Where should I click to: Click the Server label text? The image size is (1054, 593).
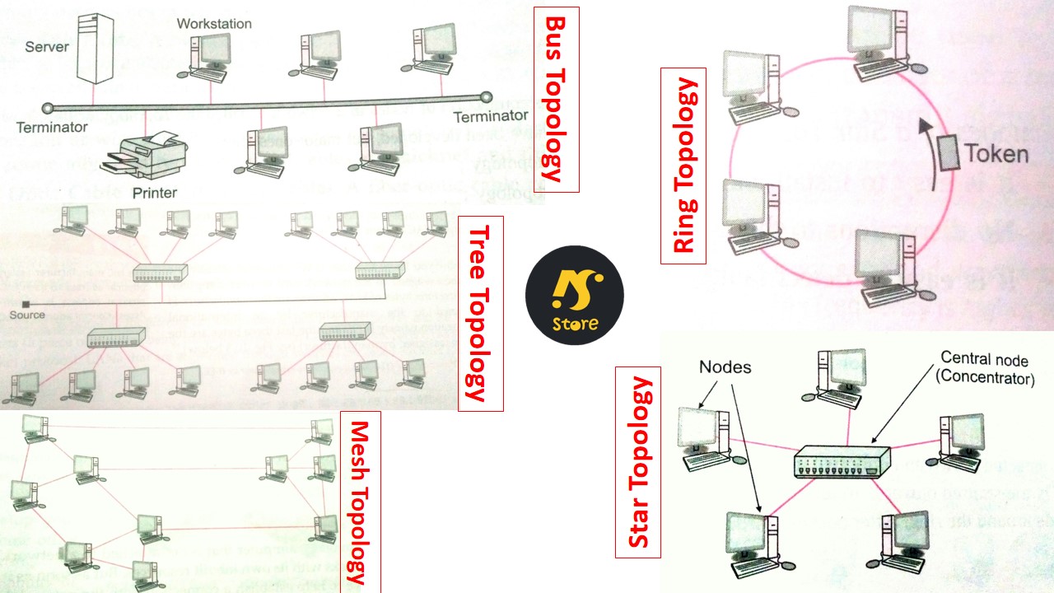coord(47,47)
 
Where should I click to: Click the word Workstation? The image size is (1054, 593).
coord(214,23)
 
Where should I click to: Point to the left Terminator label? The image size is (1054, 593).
coord(51,128)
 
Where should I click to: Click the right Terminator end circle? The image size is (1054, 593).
coord(486,97)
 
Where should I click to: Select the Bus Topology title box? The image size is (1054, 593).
coord(557,99)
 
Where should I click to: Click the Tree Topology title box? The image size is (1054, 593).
coord(480,313)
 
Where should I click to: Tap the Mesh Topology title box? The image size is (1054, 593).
coord(359,502)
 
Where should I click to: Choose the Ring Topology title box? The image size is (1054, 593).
coord(683,165)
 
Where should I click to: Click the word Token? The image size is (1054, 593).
coord(997,154)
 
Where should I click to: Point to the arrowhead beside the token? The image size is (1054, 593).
coord(926,126)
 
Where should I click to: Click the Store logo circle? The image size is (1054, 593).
coord(575,295)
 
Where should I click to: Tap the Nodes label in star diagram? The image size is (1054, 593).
coord(725,367)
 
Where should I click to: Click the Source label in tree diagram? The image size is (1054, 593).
coord(27,315)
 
